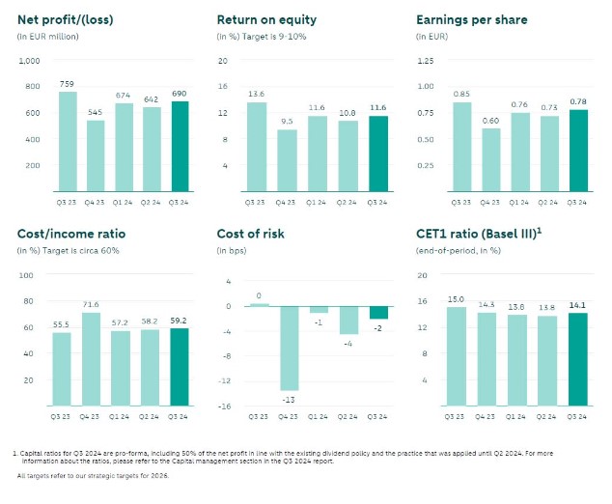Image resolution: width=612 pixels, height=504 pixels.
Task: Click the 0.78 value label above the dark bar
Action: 577,101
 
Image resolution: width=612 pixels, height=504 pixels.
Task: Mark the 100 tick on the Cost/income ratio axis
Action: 27,275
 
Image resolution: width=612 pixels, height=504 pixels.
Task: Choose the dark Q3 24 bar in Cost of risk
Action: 378,313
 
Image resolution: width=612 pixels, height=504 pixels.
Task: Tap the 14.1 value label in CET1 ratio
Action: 577,305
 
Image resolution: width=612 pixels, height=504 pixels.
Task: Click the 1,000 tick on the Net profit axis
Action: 31,60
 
